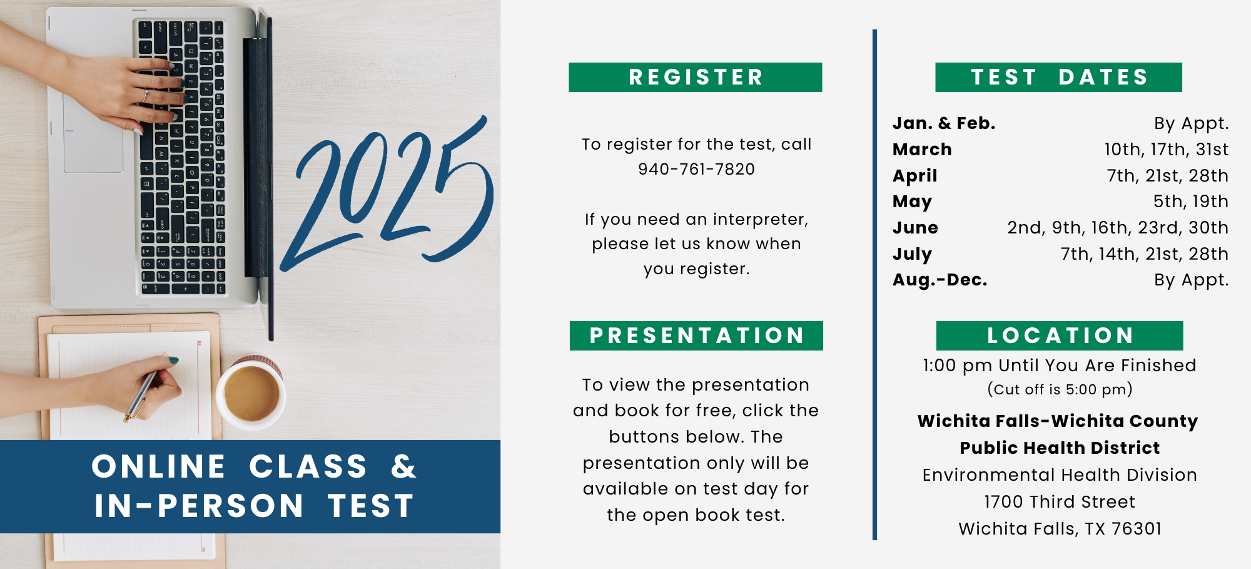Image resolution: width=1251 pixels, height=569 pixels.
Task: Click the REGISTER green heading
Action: (695, 77)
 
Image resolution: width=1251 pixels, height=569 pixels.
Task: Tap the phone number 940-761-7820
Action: (696, 169)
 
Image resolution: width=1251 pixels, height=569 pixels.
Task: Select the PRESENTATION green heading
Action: (696, 336)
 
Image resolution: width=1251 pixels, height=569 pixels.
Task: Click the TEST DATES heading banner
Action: (1058, 77)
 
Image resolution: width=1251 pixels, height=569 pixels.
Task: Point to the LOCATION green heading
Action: (1060, 336)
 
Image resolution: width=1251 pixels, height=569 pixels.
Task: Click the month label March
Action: (922, 150)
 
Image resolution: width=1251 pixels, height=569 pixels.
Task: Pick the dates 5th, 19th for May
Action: (1190, 201)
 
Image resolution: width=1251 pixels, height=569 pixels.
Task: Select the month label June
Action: (915, 228)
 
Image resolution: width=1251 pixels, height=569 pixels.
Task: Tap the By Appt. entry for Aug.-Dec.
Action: (1191, 280)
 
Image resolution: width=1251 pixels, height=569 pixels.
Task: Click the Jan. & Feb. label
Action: (944, 123)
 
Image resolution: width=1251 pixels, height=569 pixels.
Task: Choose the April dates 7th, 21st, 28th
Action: (1167, 175)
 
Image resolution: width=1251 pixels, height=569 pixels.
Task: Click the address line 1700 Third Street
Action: (1060, 501)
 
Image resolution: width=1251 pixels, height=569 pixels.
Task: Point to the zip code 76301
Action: (1137, 529)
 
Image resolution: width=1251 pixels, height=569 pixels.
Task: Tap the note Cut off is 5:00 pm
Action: (1060, 389)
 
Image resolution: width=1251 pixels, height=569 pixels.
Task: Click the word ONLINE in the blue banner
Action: (159, 467)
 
